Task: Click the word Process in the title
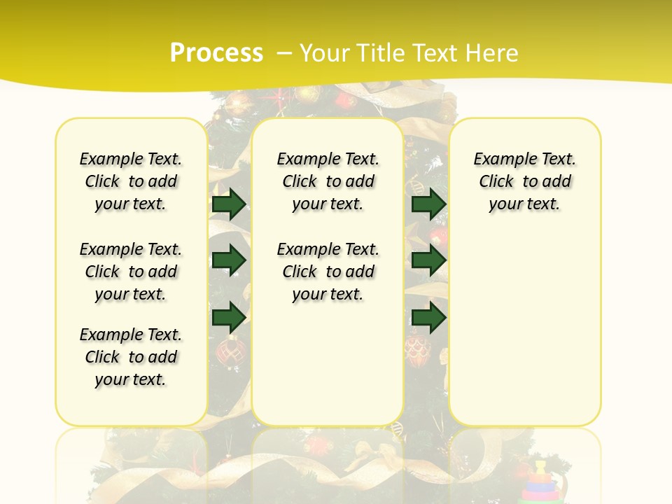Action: (216, 52)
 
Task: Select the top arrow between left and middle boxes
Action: (229, 204)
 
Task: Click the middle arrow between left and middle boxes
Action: (229, 260)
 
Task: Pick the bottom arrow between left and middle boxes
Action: (229, 317)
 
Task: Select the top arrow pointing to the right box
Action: (428, 204)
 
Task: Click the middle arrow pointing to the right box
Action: (428, 260)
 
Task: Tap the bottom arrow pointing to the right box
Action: (428, 317)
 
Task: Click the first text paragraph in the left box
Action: (131, 181)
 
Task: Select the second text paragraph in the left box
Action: (131, 272)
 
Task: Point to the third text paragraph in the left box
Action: (131, 357)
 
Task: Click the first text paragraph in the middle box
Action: (328, 181)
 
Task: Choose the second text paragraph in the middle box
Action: (328, 272)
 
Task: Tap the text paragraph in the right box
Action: (524, 181)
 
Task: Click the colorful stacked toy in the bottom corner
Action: (540, 483)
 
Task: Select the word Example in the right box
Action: (500, 160)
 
